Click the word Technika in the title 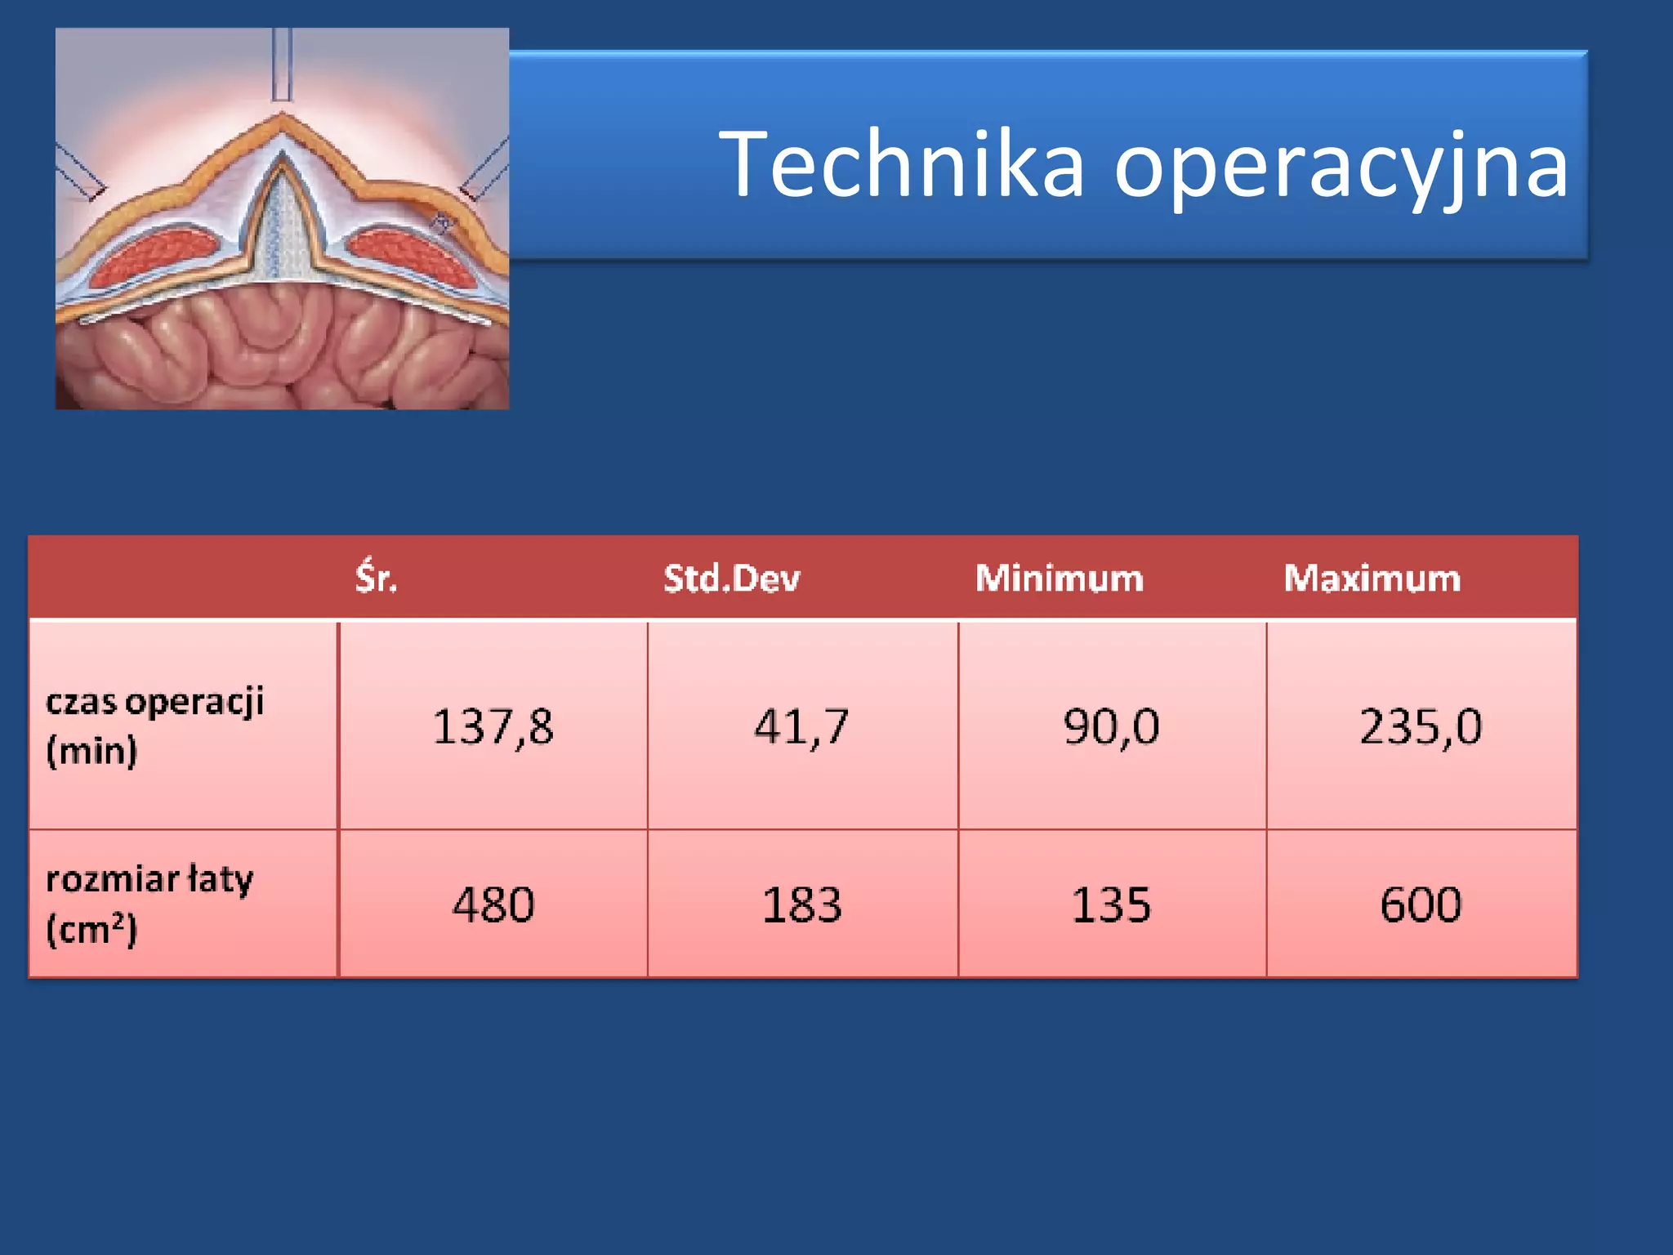tap(902, 165)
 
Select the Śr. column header tap(376, 578)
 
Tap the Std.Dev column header tap(731, 578)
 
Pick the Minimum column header tap(1059, 578)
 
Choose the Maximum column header tap(1372, 578)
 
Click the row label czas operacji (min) tap(154, 726)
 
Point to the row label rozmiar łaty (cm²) tap(149, 904)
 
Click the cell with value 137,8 tap(493, 726)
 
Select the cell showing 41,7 tap(801, 726)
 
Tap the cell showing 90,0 tap(1111, 726)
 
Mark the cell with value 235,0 tap(1421, 726)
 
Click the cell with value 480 tap(493, 904)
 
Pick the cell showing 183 tap(801, 904)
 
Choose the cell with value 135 tap(1111, 904)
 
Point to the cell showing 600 tap(1421, 904)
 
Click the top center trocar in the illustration tap(282, 64)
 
